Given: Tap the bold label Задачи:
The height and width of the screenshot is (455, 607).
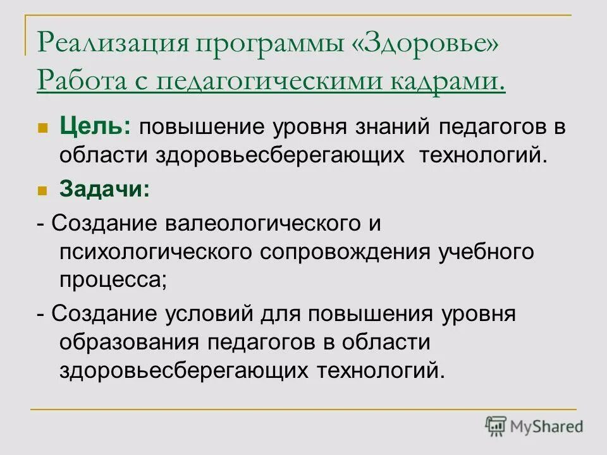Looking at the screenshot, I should coord(105,188).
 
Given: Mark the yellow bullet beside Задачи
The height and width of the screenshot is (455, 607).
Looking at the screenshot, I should coord(43,190).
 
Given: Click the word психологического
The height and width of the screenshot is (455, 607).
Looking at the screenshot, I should coord(158,252).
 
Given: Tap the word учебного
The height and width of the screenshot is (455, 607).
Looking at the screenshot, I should coord(487,251).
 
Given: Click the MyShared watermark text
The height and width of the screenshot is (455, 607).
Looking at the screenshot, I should coord(547,427).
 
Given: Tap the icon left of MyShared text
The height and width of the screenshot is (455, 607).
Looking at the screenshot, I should coord(496,427).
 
